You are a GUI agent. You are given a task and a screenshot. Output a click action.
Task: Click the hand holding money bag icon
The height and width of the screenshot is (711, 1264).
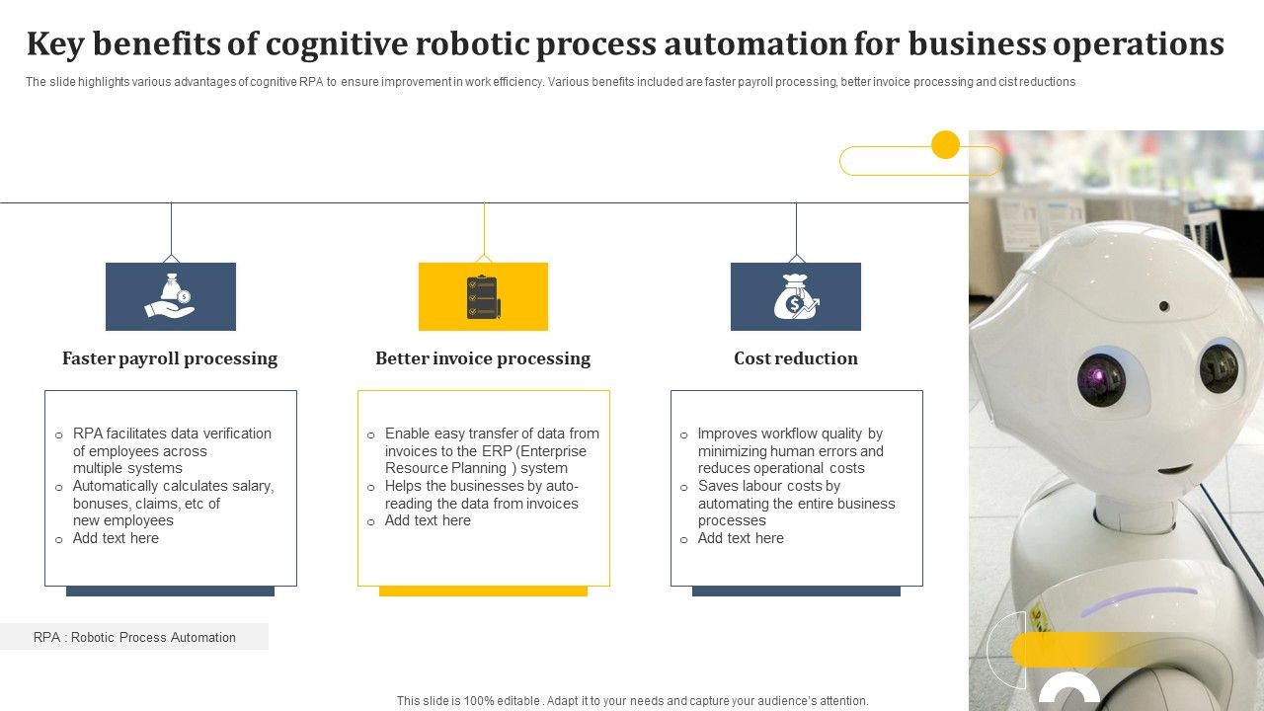(x=170, y=296)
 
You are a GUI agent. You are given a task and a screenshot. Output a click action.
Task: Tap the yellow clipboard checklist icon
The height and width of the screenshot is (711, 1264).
(x=483, y=296)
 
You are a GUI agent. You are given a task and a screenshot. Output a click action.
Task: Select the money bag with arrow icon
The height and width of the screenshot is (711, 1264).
(x=795, y=296)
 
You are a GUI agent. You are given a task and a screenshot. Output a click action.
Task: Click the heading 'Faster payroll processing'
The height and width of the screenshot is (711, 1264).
(x=170, y=358)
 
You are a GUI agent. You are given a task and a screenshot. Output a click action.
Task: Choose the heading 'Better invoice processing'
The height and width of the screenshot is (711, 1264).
(x=483, y=358)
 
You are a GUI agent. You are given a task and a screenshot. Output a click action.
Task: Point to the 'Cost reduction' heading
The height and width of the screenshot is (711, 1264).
(x=795, y=358)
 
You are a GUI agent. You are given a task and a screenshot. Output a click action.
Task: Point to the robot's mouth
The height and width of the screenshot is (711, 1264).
(x=1174, y=467)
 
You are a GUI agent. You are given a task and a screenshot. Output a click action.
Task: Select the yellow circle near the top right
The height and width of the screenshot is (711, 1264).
(x=945, y=145)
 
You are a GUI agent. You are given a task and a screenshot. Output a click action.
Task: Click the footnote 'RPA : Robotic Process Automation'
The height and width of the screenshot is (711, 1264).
(x=134, y=637)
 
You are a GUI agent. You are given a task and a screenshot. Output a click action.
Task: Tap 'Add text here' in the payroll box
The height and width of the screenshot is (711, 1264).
(x=116, y=538)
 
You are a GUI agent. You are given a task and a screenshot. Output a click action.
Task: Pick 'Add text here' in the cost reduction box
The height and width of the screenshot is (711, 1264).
(x=741, y=538)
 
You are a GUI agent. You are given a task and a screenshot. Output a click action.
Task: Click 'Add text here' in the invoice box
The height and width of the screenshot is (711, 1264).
(x=428, y=520)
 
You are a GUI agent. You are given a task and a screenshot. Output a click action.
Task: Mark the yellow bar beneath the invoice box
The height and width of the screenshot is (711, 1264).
(x=483, y=591)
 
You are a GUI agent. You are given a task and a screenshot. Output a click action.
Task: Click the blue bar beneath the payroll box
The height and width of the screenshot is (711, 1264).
(x=170, y=591)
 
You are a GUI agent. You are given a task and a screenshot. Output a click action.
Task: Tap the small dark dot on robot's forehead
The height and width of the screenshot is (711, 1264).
(x=1164, y=306)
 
